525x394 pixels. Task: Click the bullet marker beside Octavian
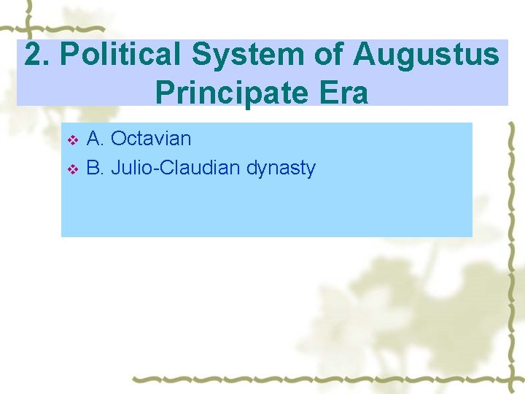point(71,139)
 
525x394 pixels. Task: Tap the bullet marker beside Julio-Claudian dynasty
point(71,169)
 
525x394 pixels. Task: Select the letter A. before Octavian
point(95,139)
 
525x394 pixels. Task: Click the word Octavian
point(151,139)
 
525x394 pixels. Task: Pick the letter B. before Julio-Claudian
point(95,169)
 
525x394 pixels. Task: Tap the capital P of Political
point(69,55)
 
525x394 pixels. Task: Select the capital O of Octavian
point(118,139)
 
